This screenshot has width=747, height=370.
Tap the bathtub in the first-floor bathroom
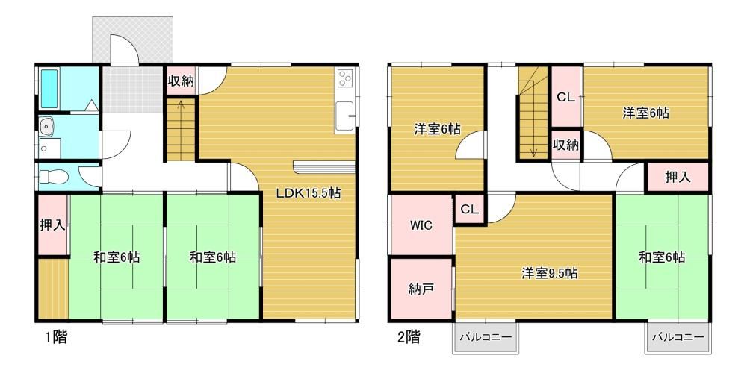(49, 89)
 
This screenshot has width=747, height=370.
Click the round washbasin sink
(48, 127)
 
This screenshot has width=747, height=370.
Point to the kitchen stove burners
(344, 78)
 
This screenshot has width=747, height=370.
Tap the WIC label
(421, 226)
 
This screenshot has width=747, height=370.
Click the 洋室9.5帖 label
(549, 273)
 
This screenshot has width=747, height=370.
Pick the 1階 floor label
(56, 338)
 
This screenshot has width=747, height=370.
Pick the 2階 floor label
(409, 338)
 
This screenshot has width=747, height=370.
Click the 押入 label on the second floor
(678, 178)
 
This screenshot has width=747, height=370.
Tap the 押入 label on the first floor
(52, 225)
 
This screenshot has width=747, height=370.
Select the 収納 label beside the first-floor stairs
(181, 81)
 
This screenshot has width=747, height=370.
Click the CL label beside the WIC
(469, 210)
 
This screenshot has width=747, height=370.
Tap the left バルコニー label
(486, 337)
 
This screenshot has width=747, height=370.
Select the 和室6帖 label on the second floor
(662, 257)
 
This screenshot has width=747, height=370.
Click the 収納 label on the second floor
(565, 145)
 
